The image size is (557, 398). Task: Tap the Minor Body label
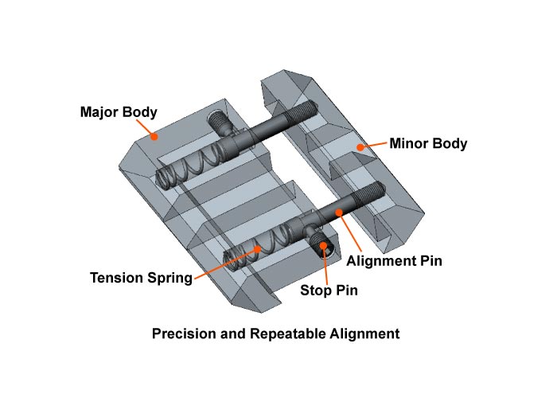point(427,144)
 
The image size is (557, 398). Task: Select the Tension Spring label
point(141,278)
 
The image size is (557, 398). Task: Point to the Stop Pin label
point(329,291)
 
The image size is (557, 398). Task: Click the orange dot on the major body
point(156,136)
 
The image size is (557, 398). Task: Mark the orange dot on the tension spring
point(257,248)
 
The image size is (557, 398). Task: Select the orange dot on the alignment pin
point(340,211)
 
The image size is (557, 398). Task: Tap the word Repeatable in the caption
point(285,334)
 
